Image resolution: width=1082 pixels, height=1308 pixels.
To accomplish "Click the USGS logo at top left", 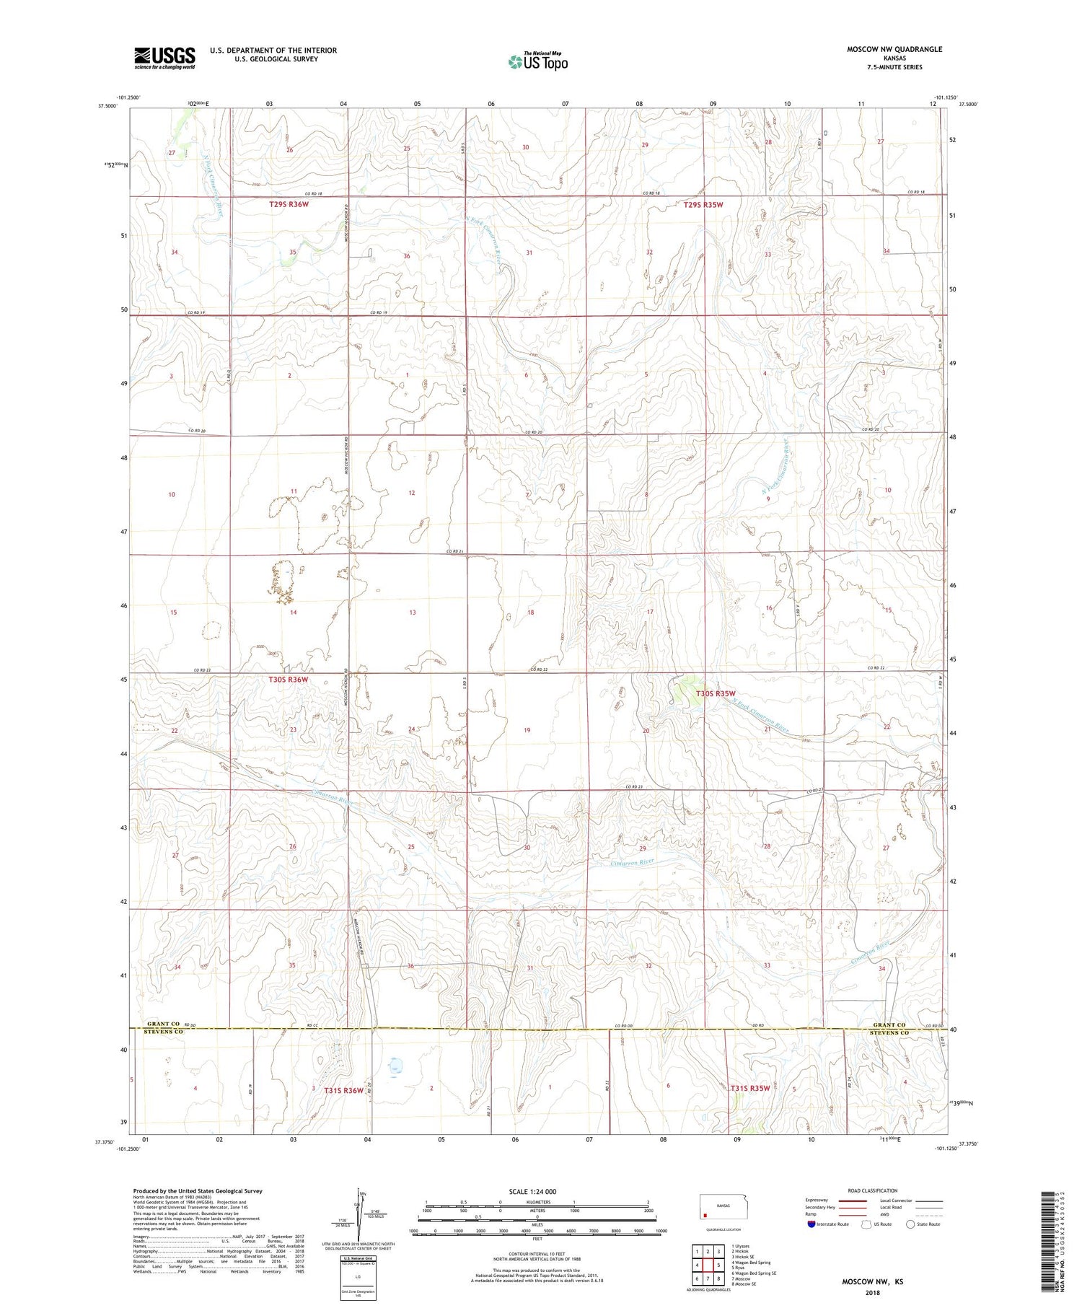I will tap(164, 58).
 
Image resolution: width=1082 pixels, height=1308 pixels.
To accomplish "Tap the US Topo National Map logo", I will tap(537, 61).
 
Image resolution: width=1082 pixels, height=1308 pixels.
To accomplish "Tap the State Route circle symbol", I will tap(911, 1224).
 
